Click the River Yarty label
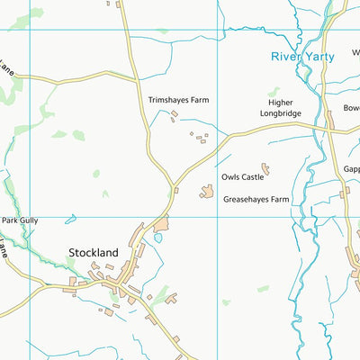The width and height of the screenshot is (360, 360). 302,56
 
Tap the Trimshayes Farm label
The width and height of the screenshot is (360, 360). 178,100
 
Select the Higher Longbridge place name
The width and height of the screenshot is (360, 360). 281,108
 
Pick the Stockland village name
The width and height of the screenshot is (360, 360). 94,254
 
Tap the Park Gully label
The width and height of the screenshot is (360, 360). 21,220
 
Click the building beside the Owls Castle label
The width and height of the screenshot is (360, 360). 265,168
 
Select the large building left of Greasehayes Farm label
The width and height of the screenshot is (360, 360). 207,192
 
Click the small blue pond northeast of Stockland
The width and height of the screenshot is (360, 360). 158,238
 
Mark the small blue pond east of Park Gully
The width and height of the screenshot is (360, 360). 70,218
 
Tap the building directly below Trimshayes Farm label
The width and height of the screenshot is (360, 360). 175,113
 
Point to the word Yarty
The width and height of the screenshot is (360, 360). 319,56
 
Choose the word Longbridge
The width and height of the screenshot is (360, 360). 281,114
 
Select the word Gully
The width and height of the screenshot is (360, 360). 31,220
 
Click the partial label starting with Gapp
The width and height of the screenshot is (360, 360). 351,168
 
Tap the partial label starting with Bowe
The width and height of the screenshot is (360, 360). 351,108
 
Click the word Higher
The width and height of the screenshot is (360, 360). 281,103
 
